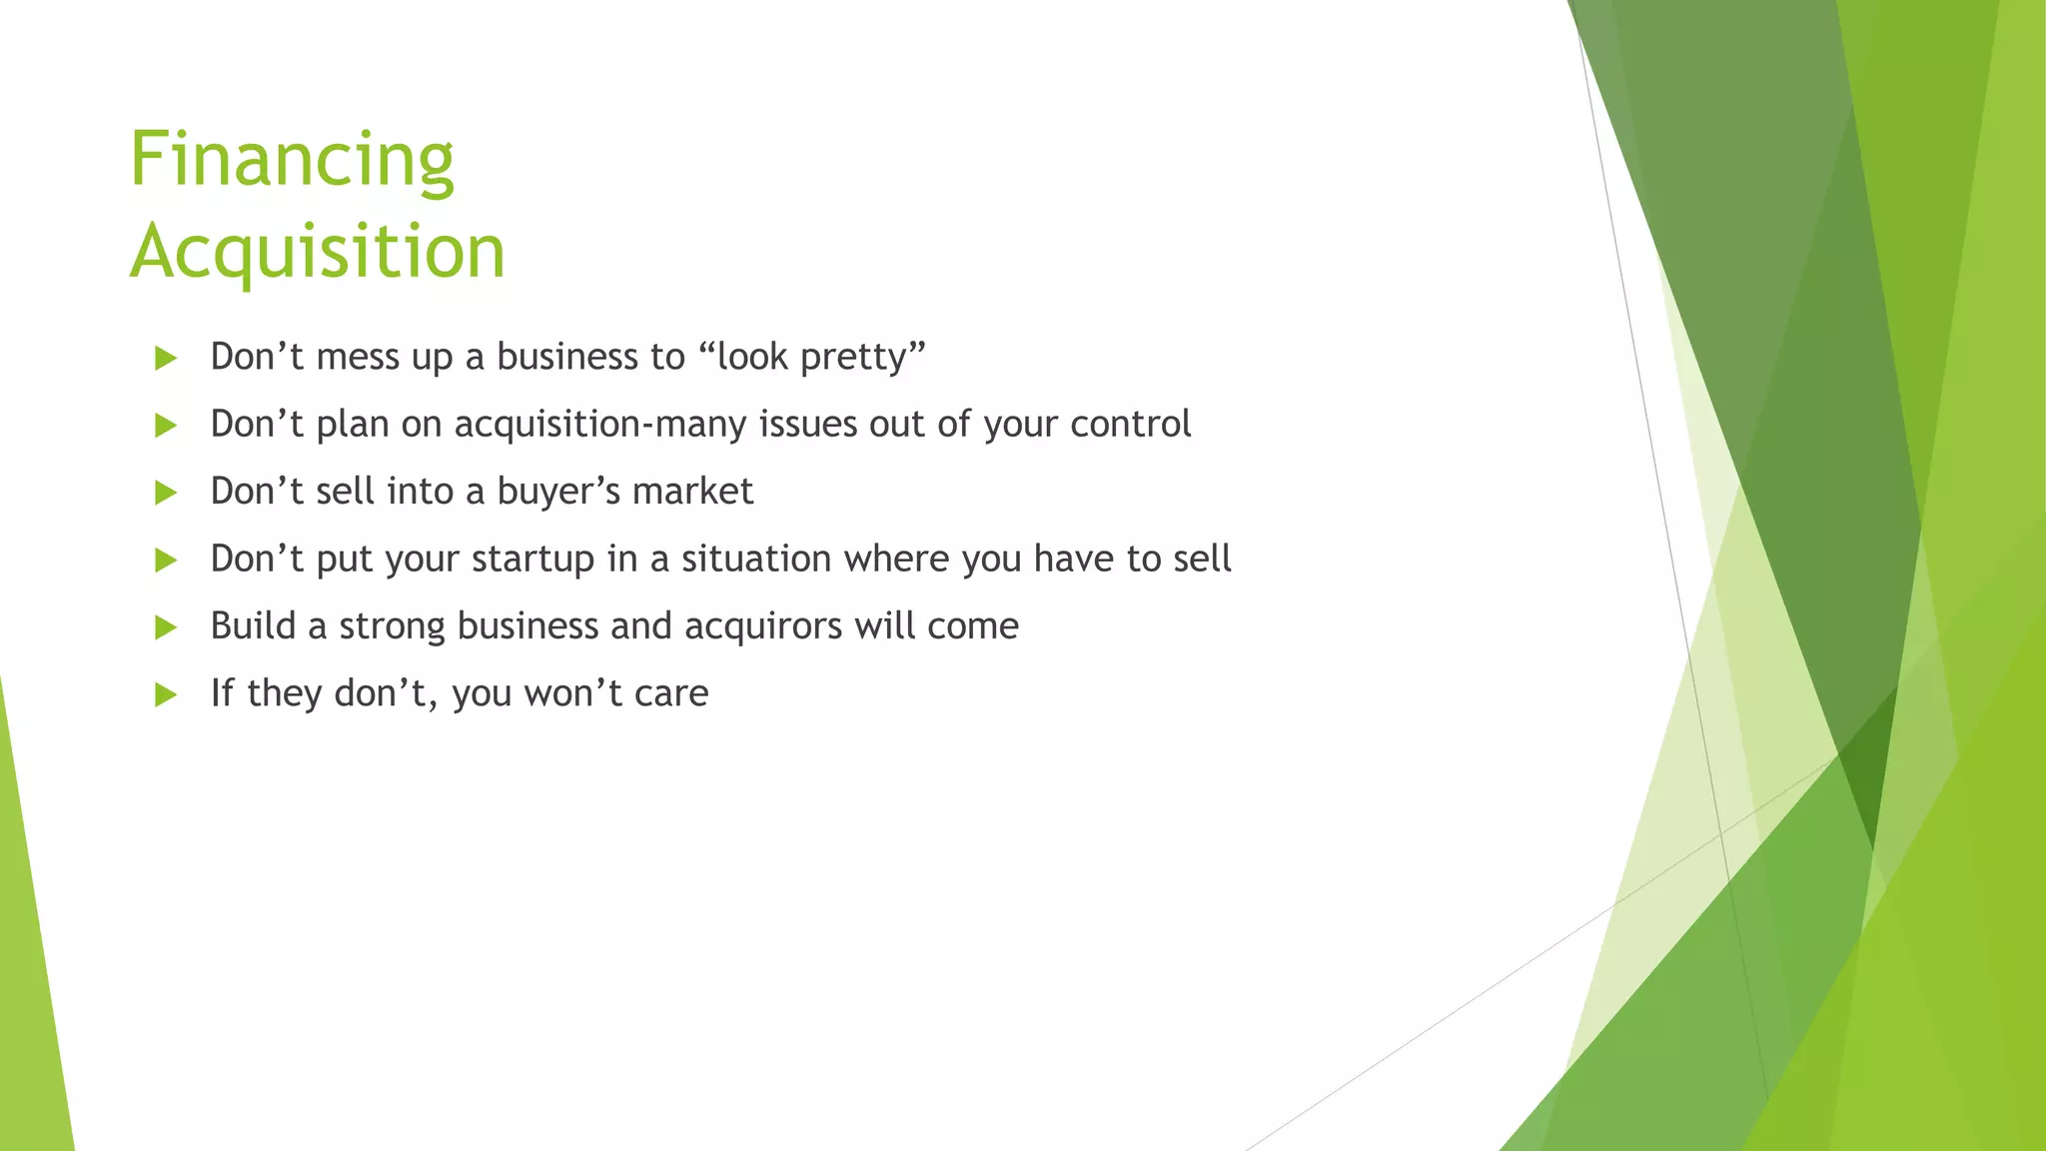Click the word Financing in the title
[x=292, y=160]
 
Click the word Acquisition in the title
[x=318, y=251]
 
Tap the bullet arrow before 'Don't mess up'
[x=166, y=359]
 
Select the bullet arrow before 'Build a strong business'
[x=166, y=627]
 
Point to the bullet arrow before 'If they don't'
[x=166, y=694]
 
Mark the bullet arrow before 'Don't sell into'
[x=166, y=493]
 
